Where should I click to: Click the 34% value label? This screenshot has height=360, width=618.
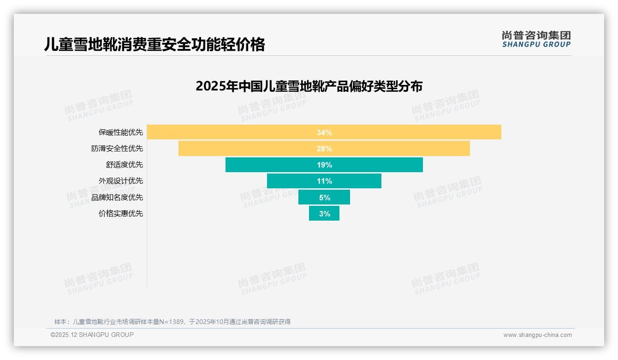[x=324, y=132]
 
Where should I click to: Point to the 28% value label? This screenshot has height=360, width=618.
[x=324, y=149]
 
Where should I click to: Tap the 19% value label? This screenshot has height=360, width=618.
[x=324, y=165]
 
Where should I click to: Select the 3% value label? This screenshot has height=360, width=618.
[x=325, y=214]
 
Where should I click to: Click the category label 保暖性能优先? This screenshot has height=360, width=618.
[x=121, y=132]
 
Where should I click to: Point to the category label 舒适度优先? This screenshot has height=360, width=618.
[x=125, y=165]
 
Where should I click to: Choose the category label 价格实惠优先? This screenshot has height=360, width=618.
[x=121, y=214]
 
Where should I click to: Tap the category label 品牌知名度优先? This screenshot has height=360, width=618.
[x=117, y=198]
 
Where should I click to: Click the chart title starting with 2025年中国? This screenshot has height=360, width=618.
[x=309, y=86]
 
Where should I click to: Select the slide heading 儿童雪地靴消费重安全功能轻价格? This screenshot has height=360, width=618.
[x=154, y=44]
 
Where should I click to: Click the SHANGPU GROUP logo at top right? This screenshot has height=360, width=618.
[x=536, y=39]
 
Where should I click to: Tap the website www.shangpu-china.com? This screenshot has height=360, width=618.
[x=537, y=335]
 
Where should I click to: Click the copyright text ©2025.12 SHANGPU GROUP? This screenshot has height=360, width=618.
[x=92, y=335]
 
